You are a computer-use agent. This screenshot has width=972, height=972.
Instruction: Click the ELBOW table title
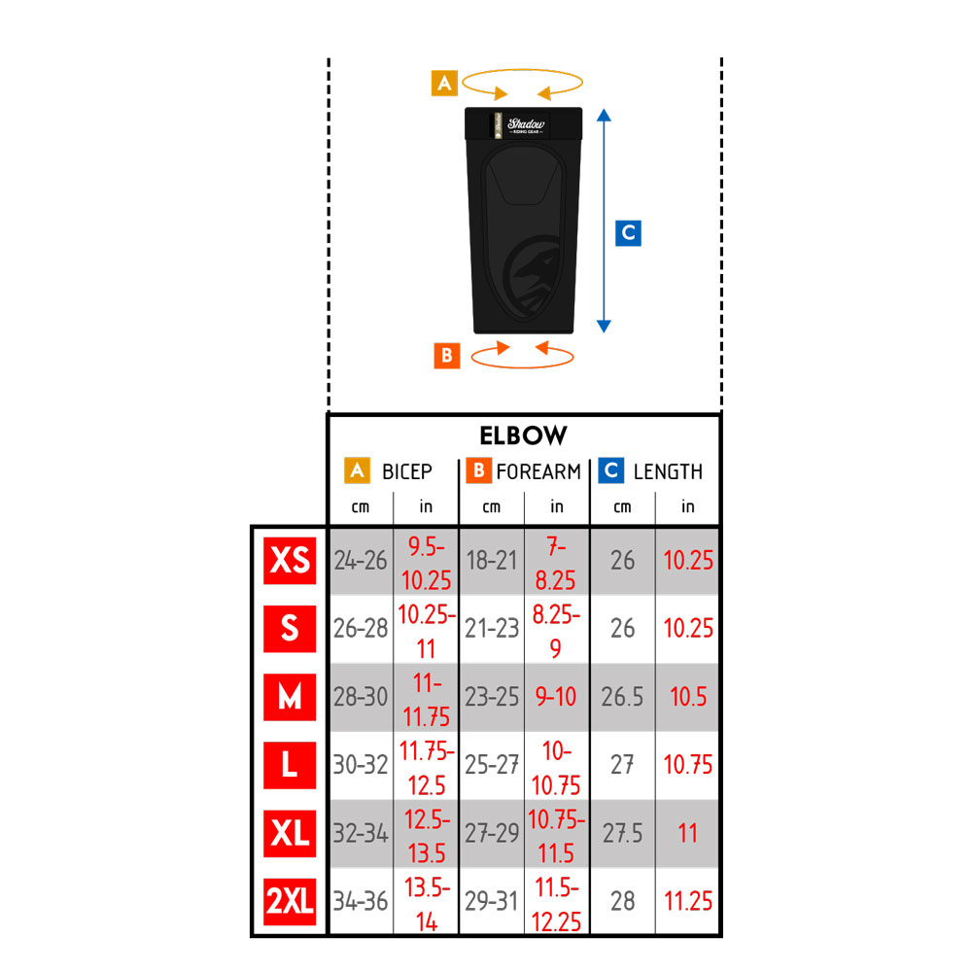tap(523, 435)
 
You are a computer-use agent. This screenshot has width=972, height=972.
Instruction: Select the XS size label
tap(290, 561)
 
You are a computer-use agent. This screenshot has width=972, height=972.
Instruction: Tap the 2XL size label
tap(290, 901)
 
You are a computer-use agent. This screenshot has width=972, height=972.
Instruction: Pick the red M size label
tap(290, 697)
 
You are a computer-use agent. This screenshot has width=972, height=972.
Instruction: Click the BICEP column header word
tap(406, 471)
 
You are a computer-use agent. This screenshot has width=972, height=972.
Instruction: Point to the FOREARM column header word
tap(538, 471)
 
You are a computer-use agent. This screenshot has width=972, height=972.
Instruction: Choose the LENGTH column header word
tap(668, 471)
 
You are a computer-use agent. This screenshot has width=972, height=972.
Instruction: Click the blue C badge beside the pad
tap(628, 233)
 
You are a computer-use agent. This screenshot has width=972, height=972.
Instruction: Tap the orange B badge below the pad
tap(447, 356)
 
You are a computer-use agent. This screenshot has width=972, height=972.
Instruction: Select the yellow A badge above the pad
tap(444, 83)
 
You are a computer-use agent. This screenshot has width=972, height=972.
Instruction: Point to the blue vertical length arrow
tap(604, 221)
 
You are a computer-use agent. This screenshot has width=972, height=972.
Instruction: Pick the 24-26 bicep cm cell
tap(361, 561)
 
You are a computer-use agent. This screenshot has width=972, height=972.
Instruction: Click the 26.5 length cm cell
tap(622, 697)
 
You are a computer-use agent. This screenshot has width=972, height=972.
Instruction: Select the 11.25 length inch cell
tap(688, 901)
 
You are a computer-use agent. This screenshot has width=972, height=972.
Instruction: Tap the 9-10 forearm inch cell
tap(556, 697)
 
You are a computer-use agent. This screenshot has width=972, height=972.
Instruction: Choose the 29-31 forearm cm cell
tap(492, 901)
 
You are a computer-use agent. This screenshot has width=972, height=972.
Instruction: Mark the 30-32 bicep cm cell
tap(361, 765)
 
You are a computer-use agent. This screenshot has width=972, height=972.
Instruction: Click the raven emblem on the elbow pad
tap(532, 274)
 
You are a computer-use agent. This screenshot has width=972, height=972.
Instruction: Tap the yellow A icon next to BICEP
tap(357, 471)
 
